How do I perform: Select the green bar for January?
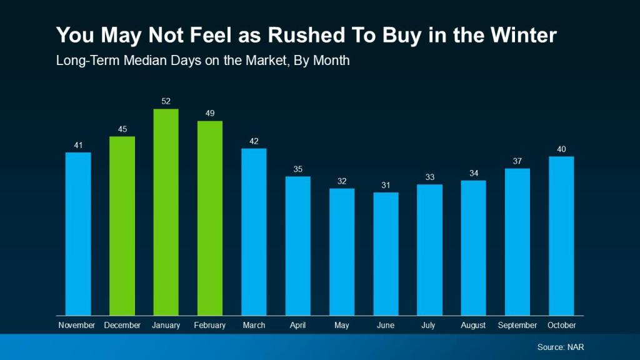tap(166, 212)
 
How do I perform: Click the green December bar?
tap(122, 226)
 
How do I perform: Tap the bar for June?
tap(386, 254)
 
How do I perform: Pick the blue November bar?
tap(78, 234)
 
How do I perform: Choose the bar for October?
tap(561, 236)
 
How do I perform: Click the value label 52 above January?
tap(166, 101)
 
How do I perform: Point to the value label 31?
tap(386, 185)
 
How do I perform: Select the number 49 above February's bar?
tap(210, 113)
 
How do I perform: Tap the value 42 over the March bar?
tap(254, 141)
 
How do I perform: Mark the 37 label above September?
tap(517, 161)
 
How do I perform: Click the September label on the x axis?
tap(517, 326)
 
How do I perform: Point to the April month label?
tap(298, 326)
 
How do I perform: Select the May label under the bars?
tap(342, 326)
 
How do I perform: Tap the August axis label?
tap(473, 326)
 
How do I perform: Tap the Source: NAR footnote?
tap(561, 347)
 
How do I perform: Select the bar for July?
tap(429, 249)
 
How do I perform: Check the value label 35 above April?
tap(298, 169)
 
